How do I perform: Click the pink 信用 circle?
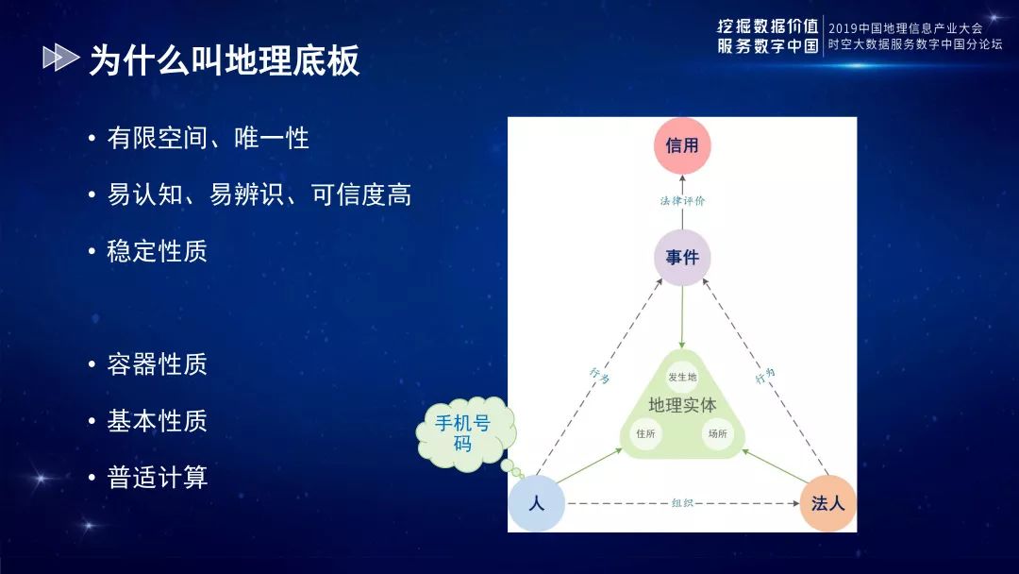point(682,145)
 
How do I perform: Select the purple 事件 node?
point(682,258)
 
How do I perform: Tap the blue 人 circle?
point(536,503)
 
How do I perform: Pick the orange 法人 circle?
point(827,503)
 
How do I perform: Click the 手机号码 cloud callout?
point(462,433)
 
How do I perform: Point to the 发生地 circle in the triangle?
point(682,377)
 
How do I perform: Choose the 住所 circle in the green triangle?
point(646,433)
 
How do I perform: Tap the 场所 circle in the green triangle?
point(717,433)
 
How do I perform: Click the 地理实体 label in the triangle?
point(682,405)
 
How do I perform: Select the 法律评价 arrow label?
point(682,201)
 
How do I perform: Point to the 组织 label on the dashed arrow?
point(682,503)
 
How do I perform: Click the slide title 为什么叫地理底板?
point(225,60)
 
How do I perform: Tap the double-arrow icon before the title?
point(61,58)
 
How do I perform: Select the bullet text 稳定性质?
point(158,251)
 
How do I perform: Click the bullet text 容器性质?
point(158,364)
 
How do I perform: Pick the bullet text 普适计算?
point(158,477)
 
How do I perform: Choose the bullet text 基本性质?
point(158,420)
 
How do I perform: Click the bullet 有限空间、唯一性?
point(208,138)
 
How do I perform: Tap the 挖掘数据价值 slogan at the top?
point(768,26)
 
